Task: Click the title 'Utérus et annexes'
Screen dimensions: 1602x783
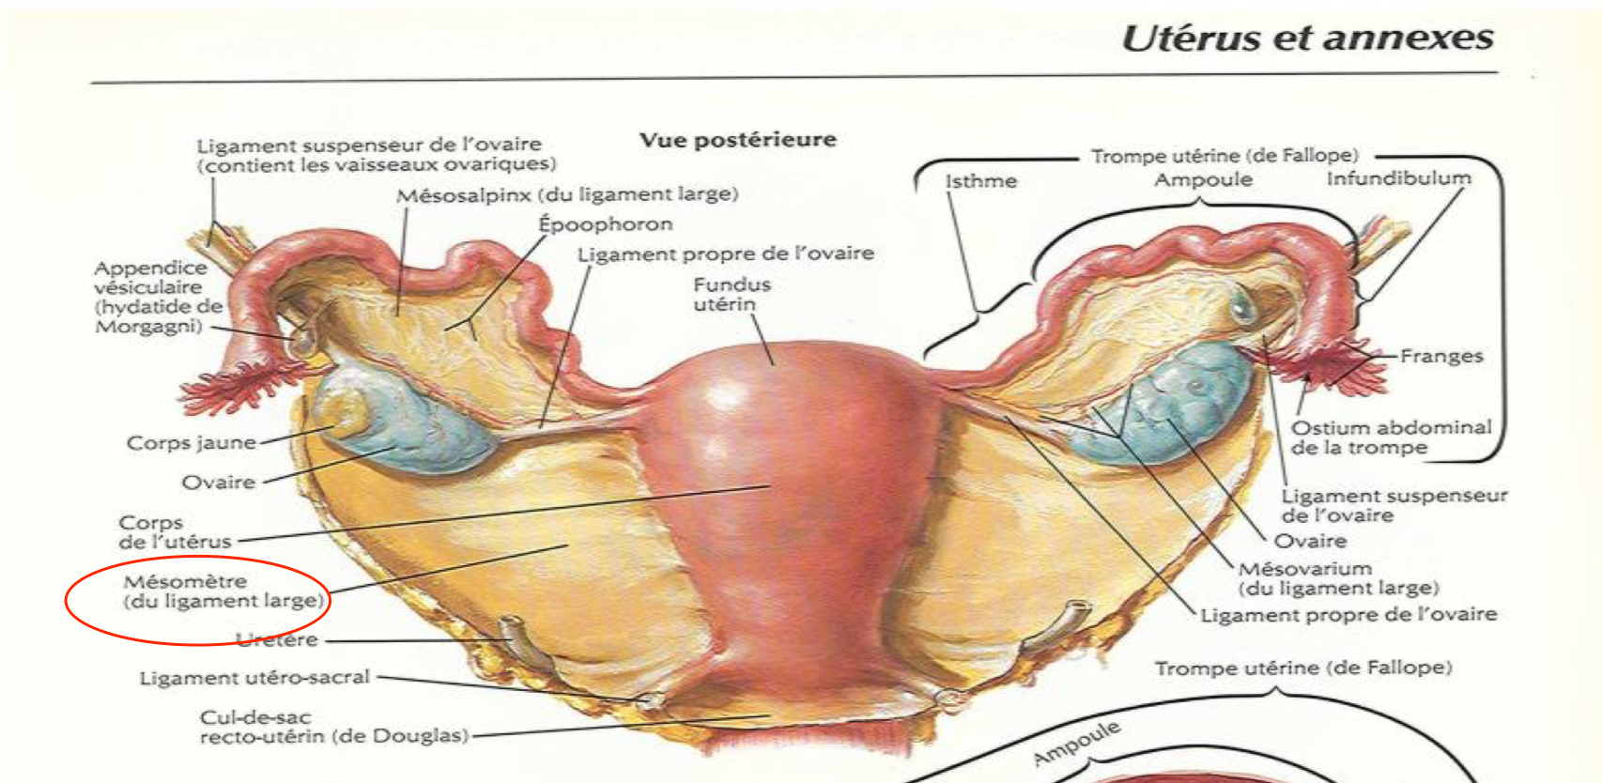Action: (1307, 38)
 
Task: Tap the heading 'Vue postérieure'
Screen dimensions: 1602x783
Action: (738, 140)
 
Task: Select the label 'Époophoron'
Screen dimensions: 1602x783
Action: (606, 223)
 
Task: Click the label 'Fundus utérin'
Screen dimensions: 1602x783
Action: (732, 295)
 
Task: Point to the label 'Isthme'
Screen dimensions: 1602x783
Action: (981, 181)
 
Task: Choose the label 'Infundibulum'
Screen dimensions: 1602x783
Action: (1399, 178)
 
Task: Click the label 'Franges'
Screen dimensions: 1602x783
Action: (1441, 356)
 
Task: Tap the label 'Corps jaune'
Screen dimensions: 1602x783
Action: (191, 442)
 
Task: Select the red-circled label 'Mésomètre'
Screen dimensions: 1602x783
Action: (223, 591)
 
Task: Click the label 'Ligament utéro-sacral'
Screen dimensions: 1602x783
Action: (254, 678)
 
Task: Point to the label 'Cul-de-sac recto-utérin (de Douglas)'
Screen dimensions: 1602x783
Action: (334, 727)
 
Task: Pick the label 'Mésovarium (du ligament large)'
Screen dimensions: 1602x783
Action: (1338, 578)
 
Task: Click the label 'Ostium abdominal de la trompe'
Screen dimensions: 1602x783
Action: (1391, 438)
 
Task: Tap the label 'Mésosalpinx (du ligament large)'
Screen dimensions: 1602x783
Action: (567, 194)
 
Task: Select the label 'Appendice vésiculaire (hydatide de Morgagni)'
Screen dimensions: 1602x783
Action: (159, 298)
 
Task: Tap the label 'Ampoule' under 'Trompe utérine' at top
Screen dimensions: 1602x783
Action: (1204, 179)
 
